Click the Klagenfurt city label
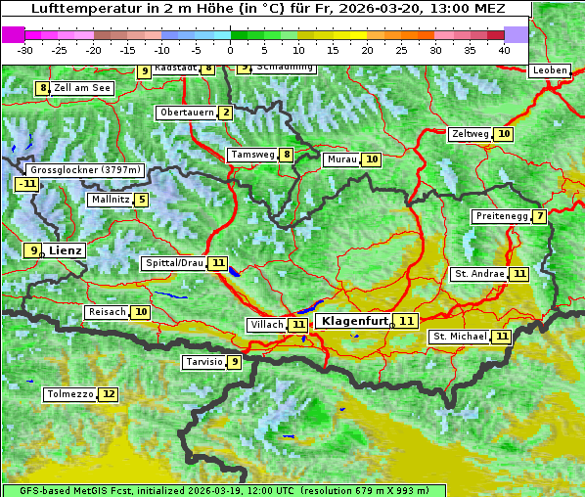354,321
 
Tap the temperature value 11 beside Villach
298,324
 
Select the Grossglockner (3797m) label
87,169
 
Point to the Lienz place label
66,250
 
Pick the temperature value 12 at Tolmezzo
108,394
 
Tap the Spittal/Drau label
174,263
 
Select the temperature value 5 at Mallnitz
142,200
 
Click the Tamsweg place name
251,155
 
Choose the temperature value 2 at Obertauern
226,113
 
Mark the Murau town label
341,159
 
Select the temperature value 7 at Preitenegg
539,216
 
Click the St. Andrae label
478,274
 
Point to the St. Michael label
460,337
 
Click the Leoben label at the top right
549,70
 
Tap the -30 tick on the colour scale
25,50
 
